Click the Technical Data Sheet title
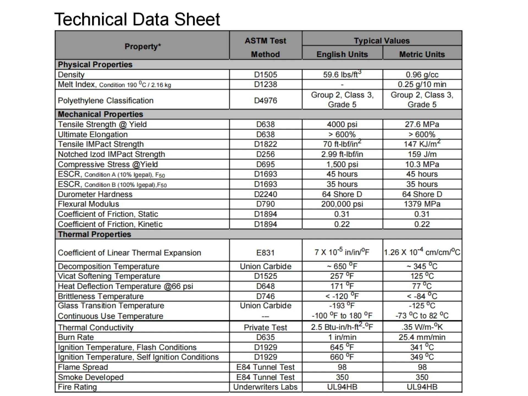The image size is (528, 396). (x=137, y=19)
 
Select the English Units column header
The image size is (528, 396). (x=342, y=54)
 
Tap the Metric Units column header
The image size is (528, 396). (x=422, y=54)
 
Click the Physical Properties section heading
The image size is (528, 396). (x=95, y=64)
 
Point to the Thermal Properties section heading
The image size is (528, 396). (x=95, y=234)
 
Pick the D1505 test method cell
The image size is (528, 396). (x=265, y=75)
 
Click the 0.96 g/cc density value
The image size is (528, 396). (x=422, y=75)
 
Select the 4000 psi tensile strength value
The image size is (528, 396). (x=342, y=124)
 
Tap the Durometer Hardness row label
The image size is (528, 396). (x=95, y=194)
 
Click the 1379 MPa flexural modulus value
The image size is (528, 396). (x=422, y=204)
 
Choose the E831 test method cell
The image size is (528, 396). (x=265, y=252)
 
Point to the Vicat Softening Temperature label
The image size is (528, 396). (x=109, y=276)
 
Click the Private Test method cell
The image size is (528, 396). (x=265, y=327)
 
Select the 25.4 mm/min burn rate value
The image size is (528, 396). (x=422, y=337)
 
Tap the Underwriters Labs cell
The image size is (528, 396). (x=265, y=387)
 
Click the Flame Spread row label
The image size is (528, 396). (x=83, y=367)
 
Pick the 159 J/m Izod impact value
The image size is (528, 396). (x=422, y=154)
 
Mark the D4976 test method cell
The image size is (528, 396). (x=265, y=100)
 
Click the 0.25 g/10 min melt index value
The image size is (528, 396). (x=422, y=84)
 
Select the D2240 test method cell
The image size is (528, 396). (x=265, y=194)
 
